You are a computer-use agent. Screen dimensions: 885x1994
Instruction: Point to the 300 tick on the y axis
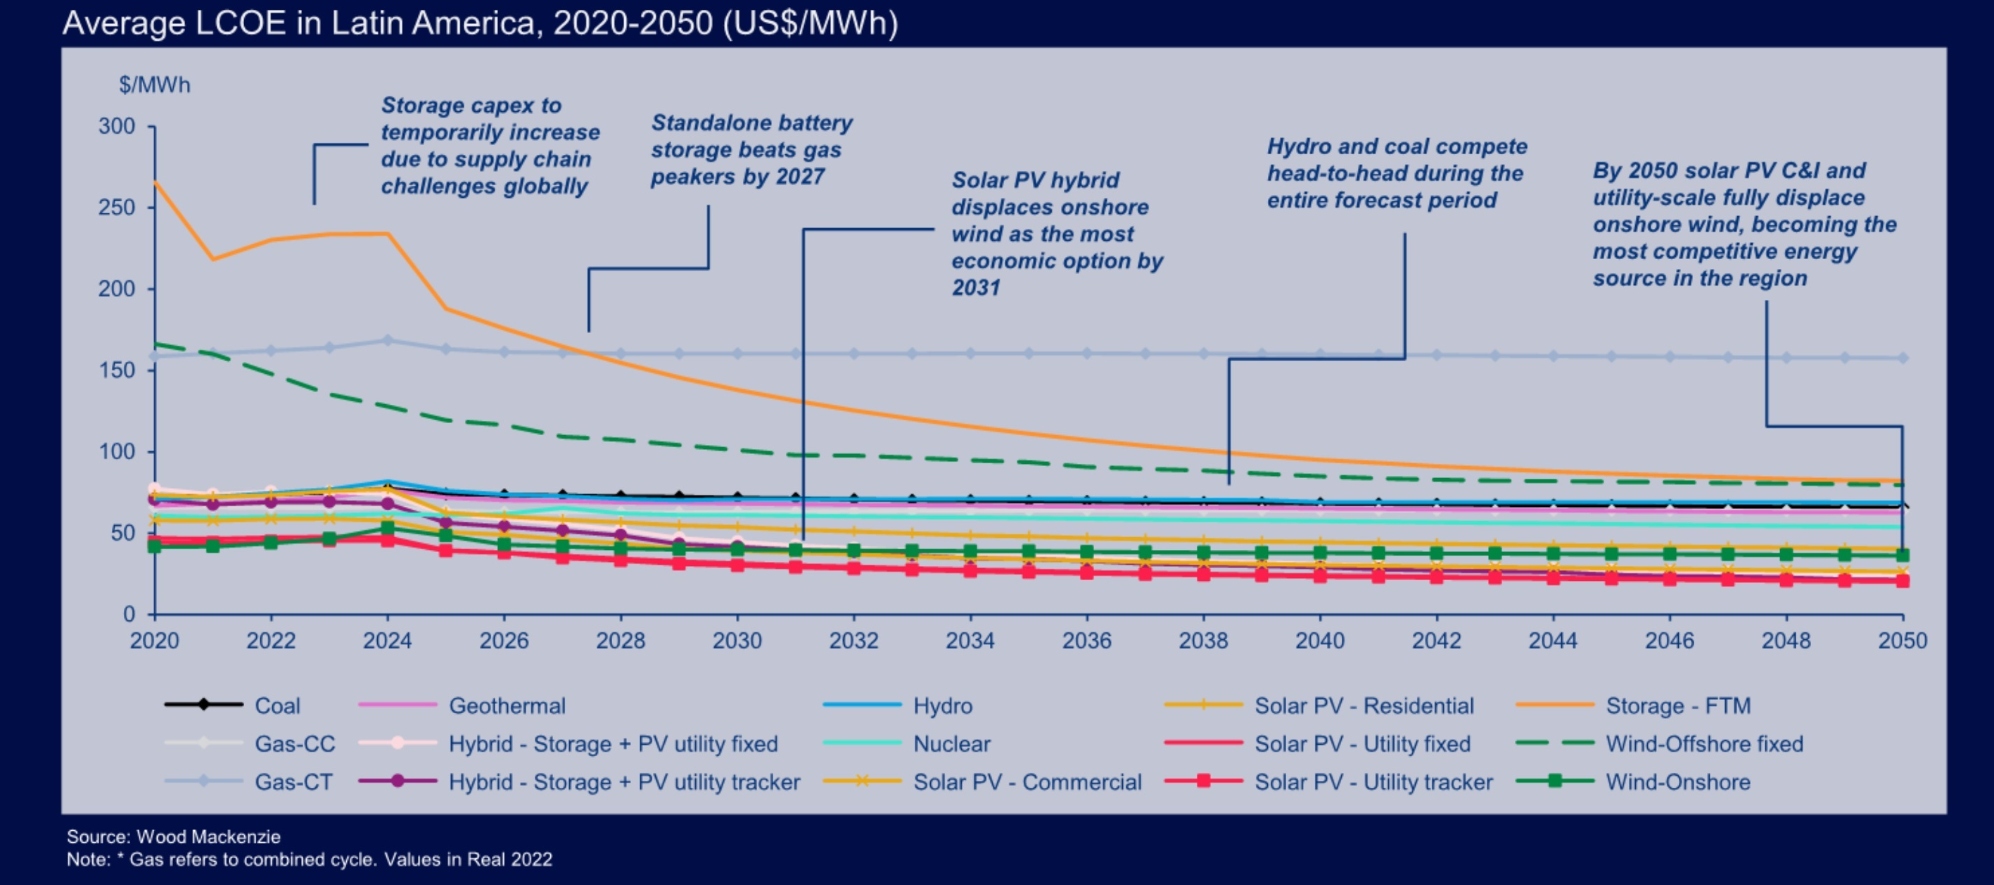[x=117, y=126]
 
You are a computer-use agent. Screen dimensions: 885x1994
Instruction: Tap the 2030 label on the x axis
[x=737, y=640]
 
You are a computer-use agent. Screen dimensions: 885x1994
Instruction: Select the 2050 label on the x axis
[x=1902, y=640]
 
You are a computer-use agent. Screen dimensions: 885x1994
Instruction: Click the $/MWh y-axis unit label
[x=154, y=85]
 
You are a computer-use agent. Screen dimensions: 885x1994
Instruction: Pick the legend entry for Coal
[x=277, y=705]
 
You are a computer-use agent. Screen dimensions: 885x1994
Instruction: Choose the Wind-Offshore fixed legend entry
[x=1703, y=743]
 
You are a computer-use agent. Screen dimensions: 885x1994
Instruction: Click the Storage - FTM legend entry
[x=1677, y=705]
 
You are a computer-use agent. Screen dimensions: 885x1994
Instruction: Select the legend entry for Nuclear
[x=951, y=743]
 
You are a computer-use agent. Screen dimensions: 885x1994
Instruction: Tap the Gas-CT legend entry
[x=293, y=782]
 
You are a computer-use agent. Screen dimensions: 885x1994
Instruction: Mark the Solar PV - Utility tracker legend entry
[x=1373, y=782]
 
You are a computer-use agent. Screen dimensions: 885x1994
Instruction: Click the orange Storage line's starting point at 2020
[x=155, y=183]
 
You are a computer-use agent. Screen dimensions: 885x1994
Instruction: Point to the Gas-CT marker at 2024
[x=388, y=340]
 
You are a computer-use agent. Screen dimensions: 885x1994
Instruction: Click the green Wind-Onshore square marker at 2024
[x=388, y=528]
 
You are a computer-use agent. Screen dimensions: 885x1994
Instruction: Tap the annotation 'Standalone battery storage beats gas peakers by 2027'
[x=751, y=149]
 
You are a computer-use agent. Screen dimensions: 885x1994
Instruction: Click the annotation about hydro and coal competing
[x=1397, y=173]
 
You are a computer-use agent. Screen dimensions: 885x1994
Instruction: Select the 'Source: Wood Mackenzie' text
[x=173, y=836]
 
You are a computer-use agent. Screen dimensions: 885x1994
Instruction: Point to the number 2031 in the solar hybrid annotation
[x=975, y=288]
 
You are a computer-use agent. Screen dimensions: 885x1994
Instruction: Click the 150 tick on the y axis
[x=117, y=370]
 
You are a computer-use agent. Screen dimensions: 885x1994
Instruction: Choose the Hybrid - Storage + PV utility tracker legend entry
[x=624, y=782]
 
